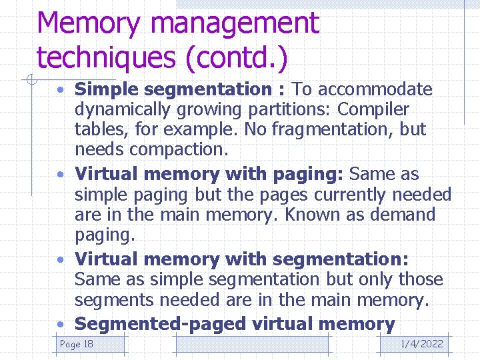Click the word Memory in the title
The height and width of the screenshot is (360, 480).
click(89, 23)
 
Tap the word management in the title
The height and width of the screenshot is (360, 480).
click(235, 23)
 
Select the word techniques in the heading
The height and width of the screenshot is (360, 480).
click(106, 57)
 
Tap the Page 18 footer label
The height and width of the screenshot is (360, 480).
click(77, 344)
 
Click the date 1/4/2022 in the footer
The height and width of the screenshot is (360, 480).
click(421, 344)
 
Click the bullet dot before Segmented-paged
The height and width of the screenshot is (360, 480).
click(61, 325)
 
